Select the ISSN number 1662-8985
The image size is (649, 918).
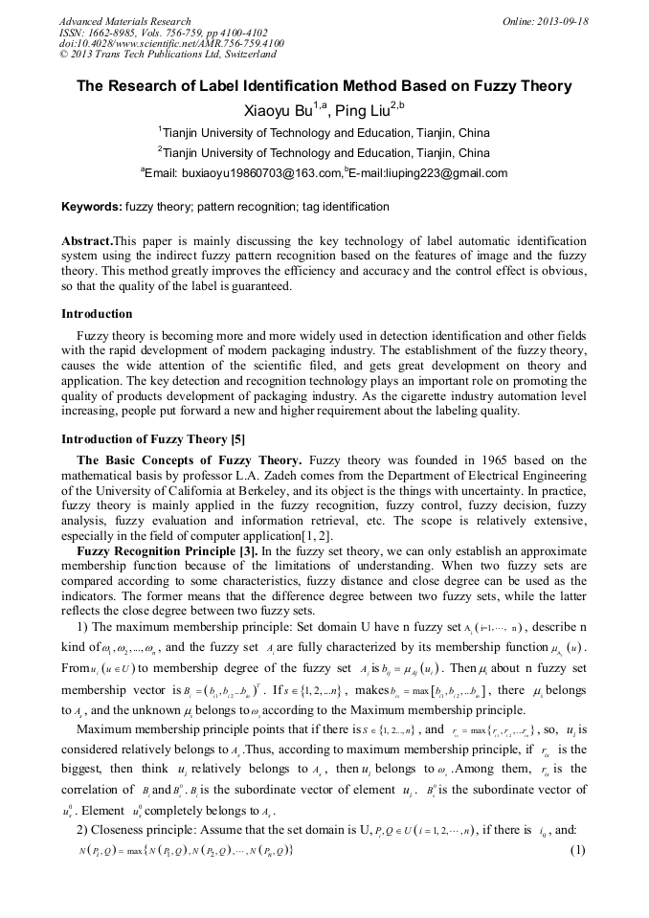124,32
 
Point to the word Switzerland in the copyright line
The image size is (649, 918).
241,55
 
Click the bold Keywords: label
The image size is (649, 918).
91,207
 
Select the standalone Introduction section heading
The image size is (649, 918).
97,313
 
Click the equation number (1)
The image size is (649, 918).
577,878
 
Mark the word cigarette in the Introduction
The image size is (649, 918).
424,398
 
